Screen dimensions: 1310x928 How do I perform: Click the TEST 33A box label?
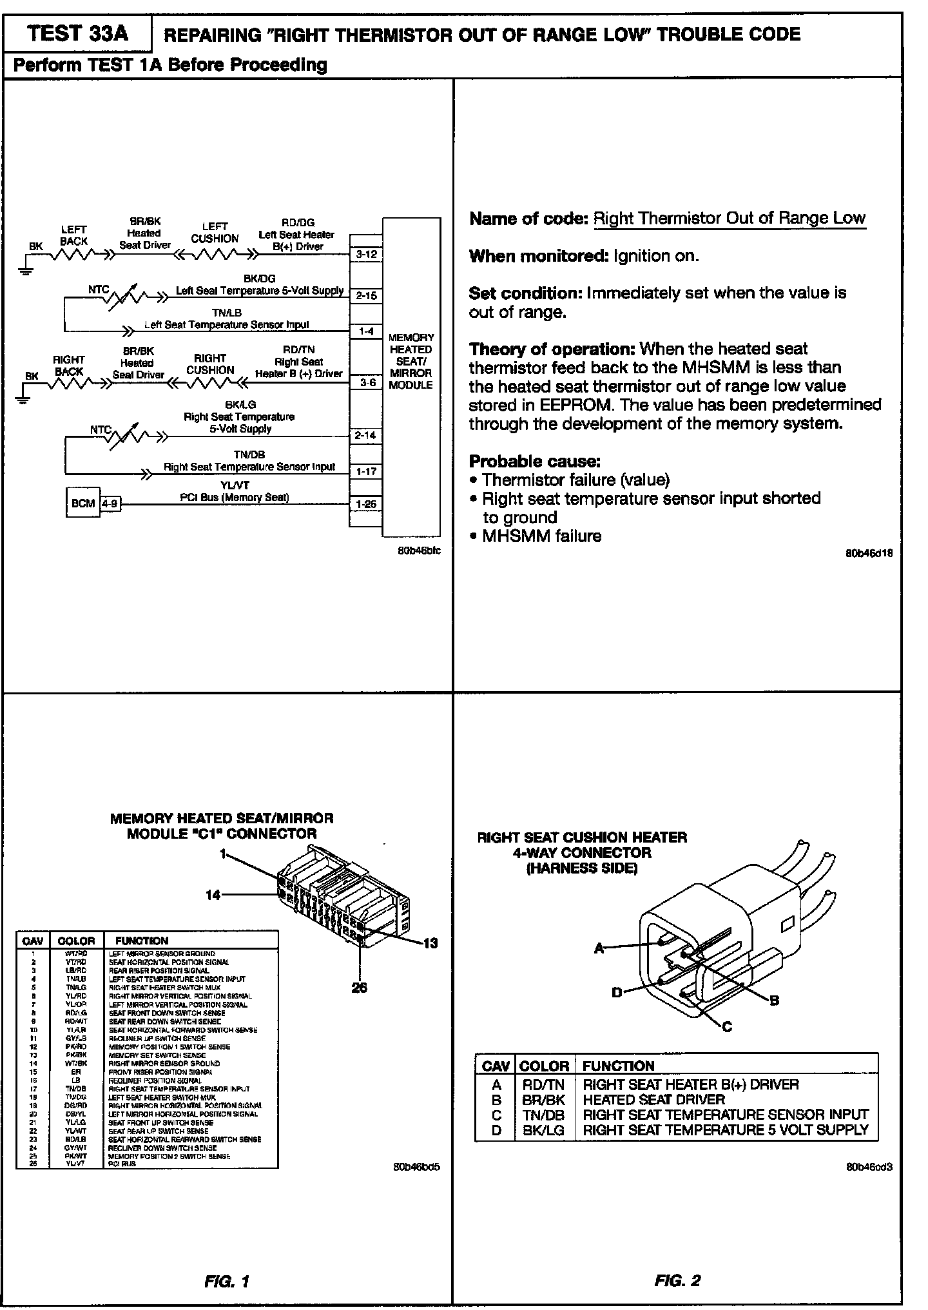(x=77, y=34)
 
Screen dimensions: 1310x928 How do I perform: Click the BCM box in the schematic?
(x=83, y=503)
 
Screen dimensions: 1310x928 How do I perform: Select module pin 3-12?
(x=366, y=255)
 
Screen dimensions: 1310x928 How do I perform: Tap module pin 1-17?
(x=366, y=471)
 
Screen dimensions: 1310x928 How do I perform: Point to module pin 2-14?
(x=365, y=435)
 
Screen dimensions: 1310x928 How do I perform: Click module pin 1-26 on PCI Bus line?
(x=366, y=503)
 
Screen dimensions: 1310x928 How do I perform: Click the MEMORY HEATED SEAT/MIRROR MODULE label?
(x=411, y=361)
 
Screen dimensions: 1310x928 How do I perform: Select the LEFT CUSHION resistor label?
(x=215, y=232)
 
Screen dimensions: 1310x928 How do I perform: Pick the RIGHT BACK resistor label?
(x=68, y=366)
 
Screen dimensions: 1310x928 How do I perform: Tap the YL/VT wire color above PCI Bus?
(x=235, y=485)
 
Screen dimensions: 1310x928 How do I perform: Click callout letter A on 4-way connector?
(x=599, y=948)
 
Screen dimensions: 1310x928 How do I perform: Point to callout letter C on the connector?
(x=728, y=1027)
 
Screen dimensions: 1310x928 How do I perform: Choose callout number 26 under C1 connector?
(x=360, y=987)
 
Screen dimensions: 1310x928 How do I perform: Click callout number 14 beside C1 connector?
(x=213, y=895)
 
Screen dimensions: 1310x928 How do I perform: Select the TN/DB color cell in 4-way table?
(x=543, y=1114)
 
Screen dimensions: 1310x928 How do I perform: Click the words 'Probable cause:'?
(x=534, y=461)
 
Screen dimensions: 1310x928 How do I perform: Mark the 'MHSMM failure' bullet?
(x=541, y=536)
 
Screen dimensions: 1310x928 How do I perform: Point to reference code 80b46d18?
(x=869, y=553)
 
